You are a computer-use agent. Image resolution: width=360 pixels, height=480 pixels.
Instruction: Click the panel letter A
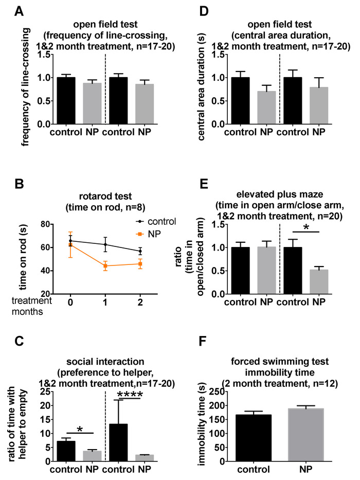8,9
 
